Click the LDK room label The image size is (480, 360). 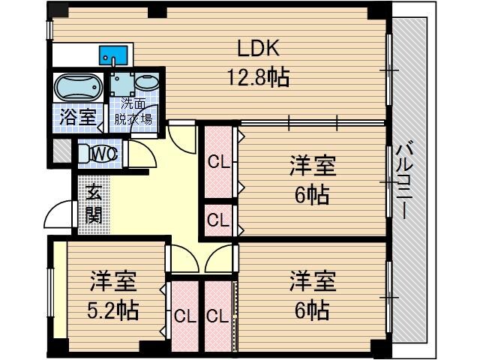[259, 50]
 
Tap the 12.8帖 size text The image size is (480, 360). [259, 76]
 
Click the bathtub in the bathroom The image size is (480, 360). [78, 88]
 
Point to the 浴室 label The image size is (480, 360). [77, 117]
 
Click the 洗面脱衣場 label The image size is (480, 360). [133, 112]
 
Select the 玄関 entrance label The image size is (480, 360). [94, 204]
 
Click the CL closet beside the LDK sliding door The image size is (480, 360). [218, 161]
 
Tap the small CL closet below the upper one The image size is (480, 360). [218, 220]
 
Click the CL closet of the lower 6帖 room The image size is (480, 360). [218, 316]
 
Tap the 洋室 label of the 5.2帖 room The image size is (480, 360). [114, 283]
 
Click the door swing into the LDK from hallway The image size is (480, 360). [180, 135]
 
